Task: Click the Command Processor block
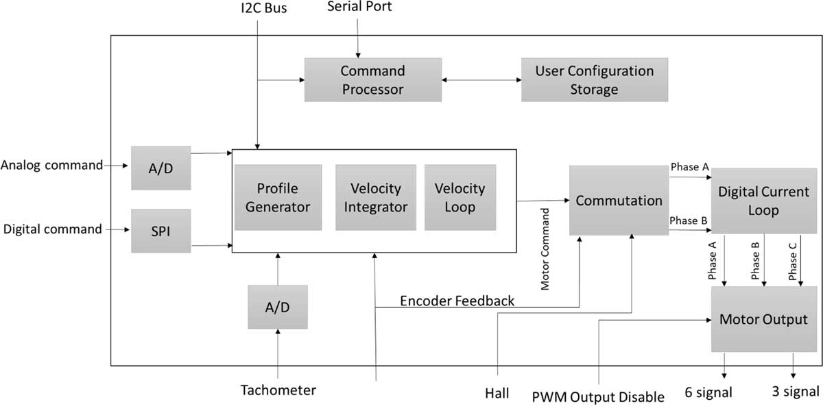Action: (372, 80)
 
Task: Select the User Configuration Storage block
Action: (594, 80)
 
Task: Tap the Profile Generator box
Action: (278, 197)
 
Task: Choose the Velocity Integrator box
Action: (375, 197)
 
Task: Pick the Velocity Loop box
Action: (460, 197)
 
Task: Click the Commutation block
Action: (619, 201)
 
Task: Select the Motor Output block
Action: (763, 319)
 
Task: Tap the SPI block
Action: (161, 231)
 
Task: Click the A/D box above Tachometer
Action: (278, 307)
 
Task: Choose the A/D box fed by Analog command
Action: (161, 167)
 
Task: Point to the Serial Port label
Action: (359, 8)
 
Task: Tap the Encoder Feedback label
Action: (457, 301)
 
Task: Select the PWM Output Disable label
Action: (598, 396)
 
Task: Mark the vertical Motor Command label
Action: (546, 250)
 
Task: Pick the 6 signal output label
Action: (708, 392)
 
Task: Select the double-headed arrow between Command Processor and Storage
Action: (481, 80)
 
